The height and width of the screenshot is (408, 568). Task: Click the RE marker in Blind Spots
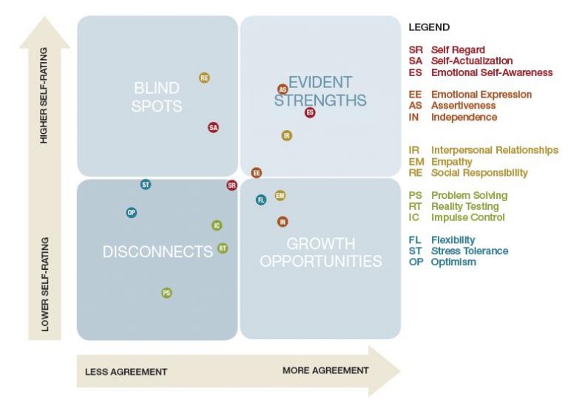pos(204,78)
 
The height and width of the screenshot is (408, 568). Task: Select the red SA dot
pos(213,127)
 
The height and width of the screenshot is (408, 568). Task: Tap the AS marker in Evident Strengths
pos(283,89)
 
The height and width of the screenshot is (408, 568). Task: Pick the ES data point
pos(310,112)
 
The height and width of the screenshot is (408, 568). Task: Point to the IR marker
pos(287,136)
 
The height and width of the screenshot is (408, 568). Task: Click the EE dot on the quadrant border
pos(257,173)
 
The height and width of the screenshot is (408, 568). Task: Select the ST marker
pos(146,185)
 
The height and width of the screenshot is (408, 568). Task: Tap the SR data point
pos(231,186)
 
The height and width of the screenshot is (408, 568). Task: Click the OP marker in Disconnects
pos(132,213)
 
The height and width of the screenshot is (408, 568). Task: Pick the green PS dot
pos(166,293)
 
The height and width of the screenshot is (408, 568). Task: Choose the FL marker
pos(261,200)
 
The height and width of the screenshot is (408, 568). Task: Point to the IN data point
pos(283,222)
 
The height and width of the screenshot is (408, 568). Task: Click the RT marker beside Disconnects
pos(223,248)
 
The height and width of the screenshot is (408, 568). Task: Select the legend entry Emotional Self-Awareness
pos(492,72)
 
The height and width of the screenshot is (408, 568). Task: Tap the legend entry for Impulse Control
pos(467,217)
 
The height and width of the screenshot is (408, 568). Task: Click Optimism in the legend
pos(453,262)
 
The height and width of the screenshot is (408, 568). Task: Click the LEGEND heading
pos(429,27)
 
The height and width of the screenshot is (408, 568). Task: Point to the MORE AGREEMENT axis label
pos(325,370)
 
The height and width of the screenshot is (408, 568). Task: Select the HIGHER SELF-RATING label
pos(44,95)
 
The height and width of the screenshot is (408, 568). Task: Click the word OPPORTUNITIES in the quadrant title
pos(321,261)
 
